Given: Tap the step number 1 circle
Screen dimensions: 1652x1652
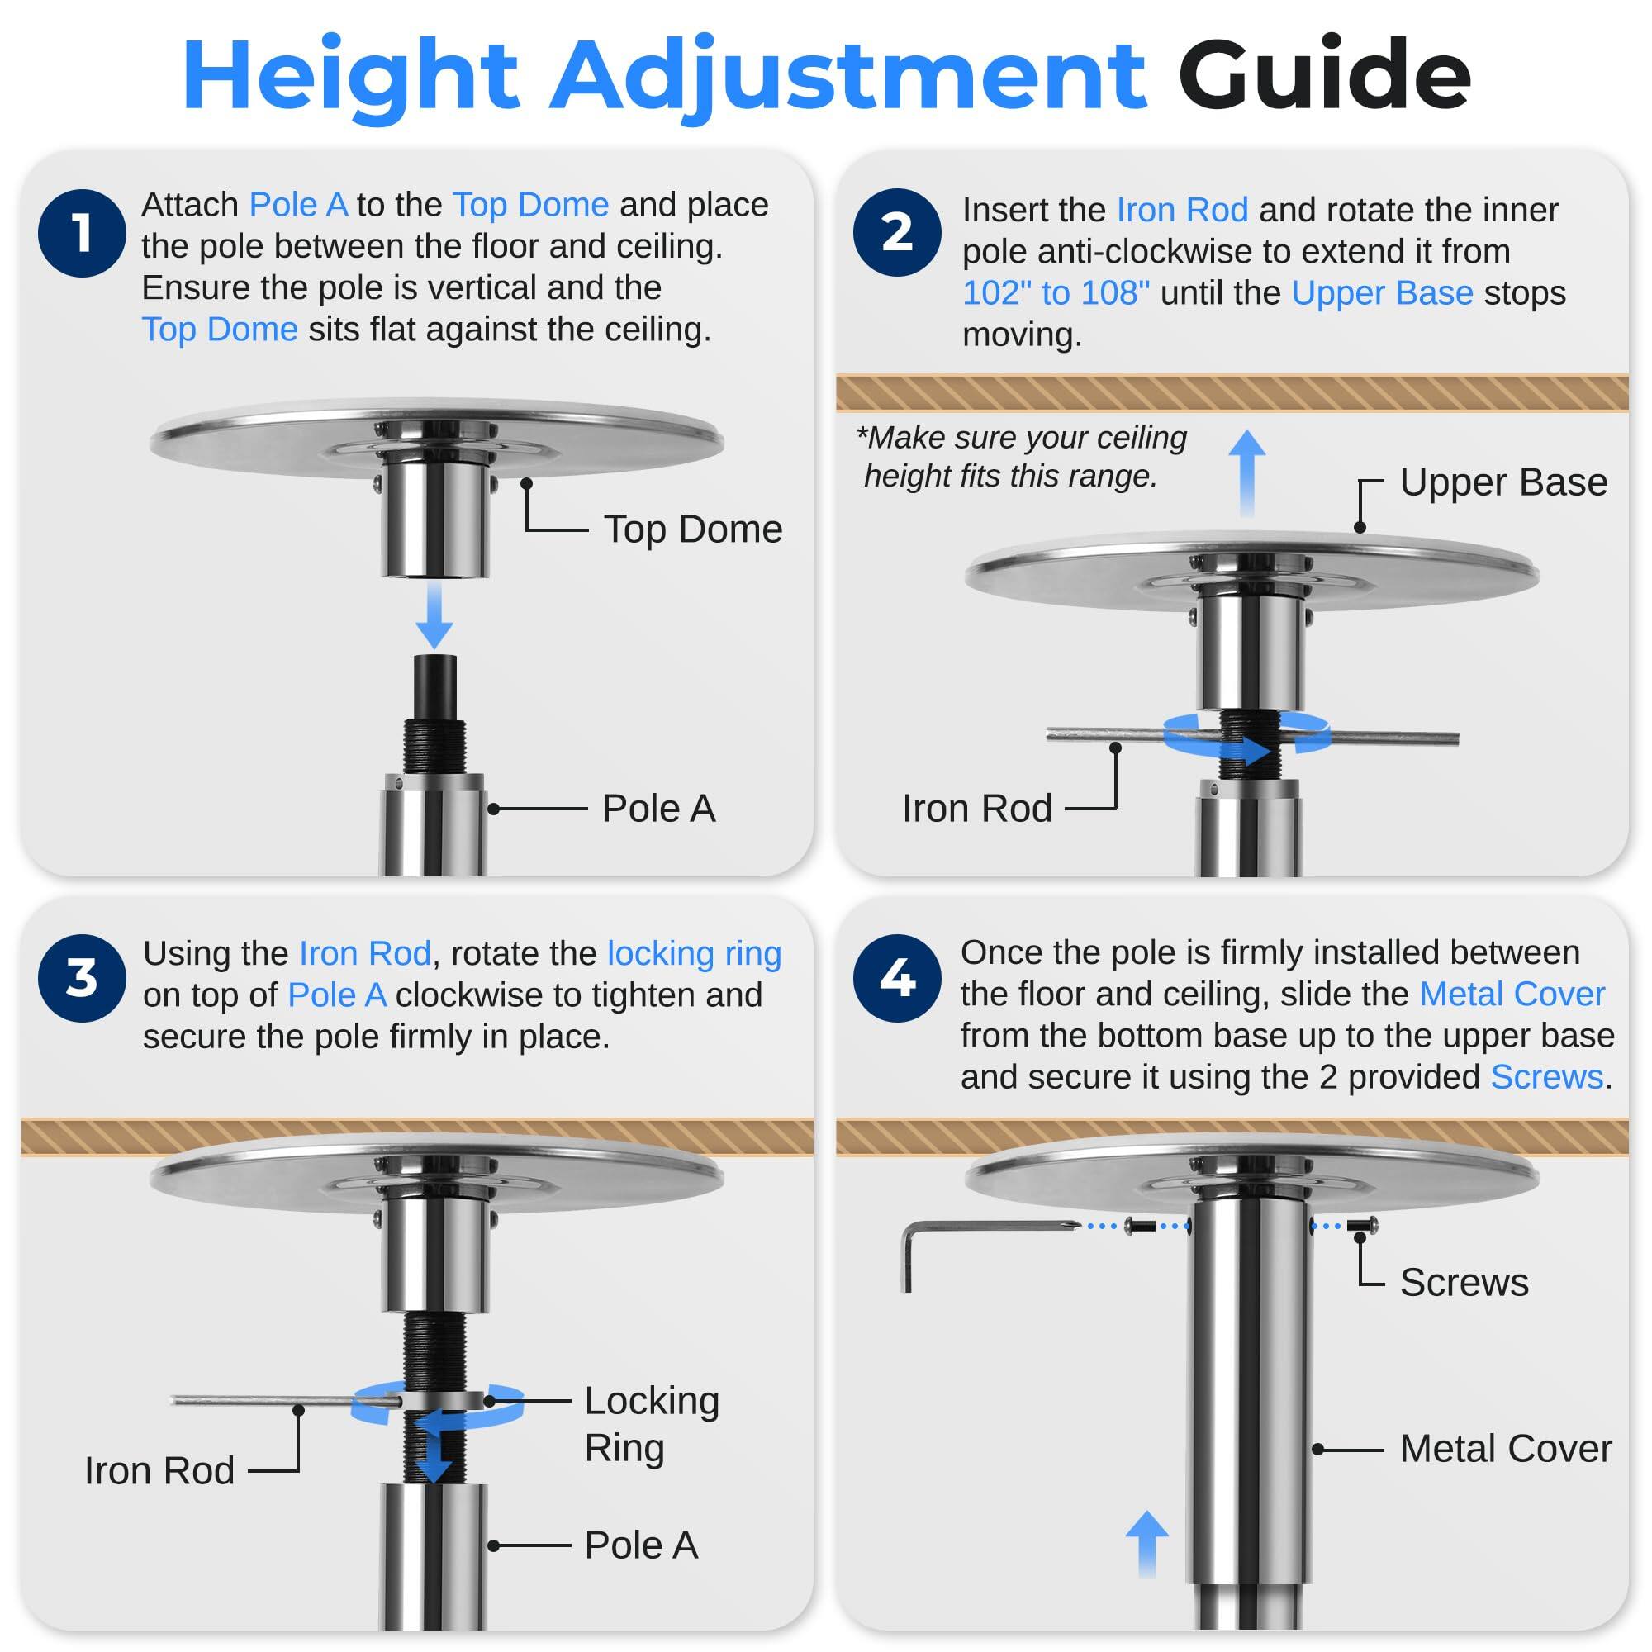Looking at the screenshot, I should tap(82, 233).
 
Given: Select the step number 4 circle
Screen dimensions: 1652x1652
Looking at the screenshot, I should tap(897, 977).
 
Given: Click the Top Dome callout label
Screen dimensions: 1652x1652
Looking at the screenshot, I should tap(693, 529).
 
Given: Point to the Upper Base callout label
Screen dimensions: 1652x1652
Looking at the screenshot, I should tap(1503, 483).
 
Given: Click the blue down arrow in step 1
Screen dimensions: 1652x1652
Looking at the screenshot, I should tap(434, 615).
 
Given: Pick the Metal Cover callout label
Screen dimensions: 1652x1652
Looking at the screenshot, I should tap(1505, 1449).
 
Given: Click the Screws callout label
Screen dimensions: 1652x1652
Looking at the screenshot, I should tap(1464, 1283).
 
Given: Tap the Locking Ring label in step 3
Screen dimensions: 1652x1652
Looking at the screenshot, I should tap(652, 1424).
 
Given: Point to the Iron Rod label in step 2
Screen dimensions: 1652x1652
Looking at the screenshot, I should tap(976, 809).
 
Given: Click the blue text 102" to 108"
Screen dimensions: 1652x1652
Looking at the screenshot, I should tap(1056, 293).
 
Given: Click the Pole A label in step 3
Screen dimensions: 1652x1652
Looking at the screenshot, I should tap(641, 1545).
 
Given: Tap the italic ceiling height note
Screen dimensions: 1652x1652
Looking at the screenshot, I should tap(1022, 457).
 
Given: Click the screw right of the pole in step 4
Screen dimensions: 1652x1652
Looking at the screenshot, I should tap(1362, 1225).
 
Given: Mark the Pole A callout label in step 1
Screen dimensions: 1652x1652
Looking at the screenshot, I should tap(658, 809).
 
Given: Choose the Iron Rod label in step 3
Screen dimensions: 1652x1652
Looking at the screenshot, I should tap(159, 1471).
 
